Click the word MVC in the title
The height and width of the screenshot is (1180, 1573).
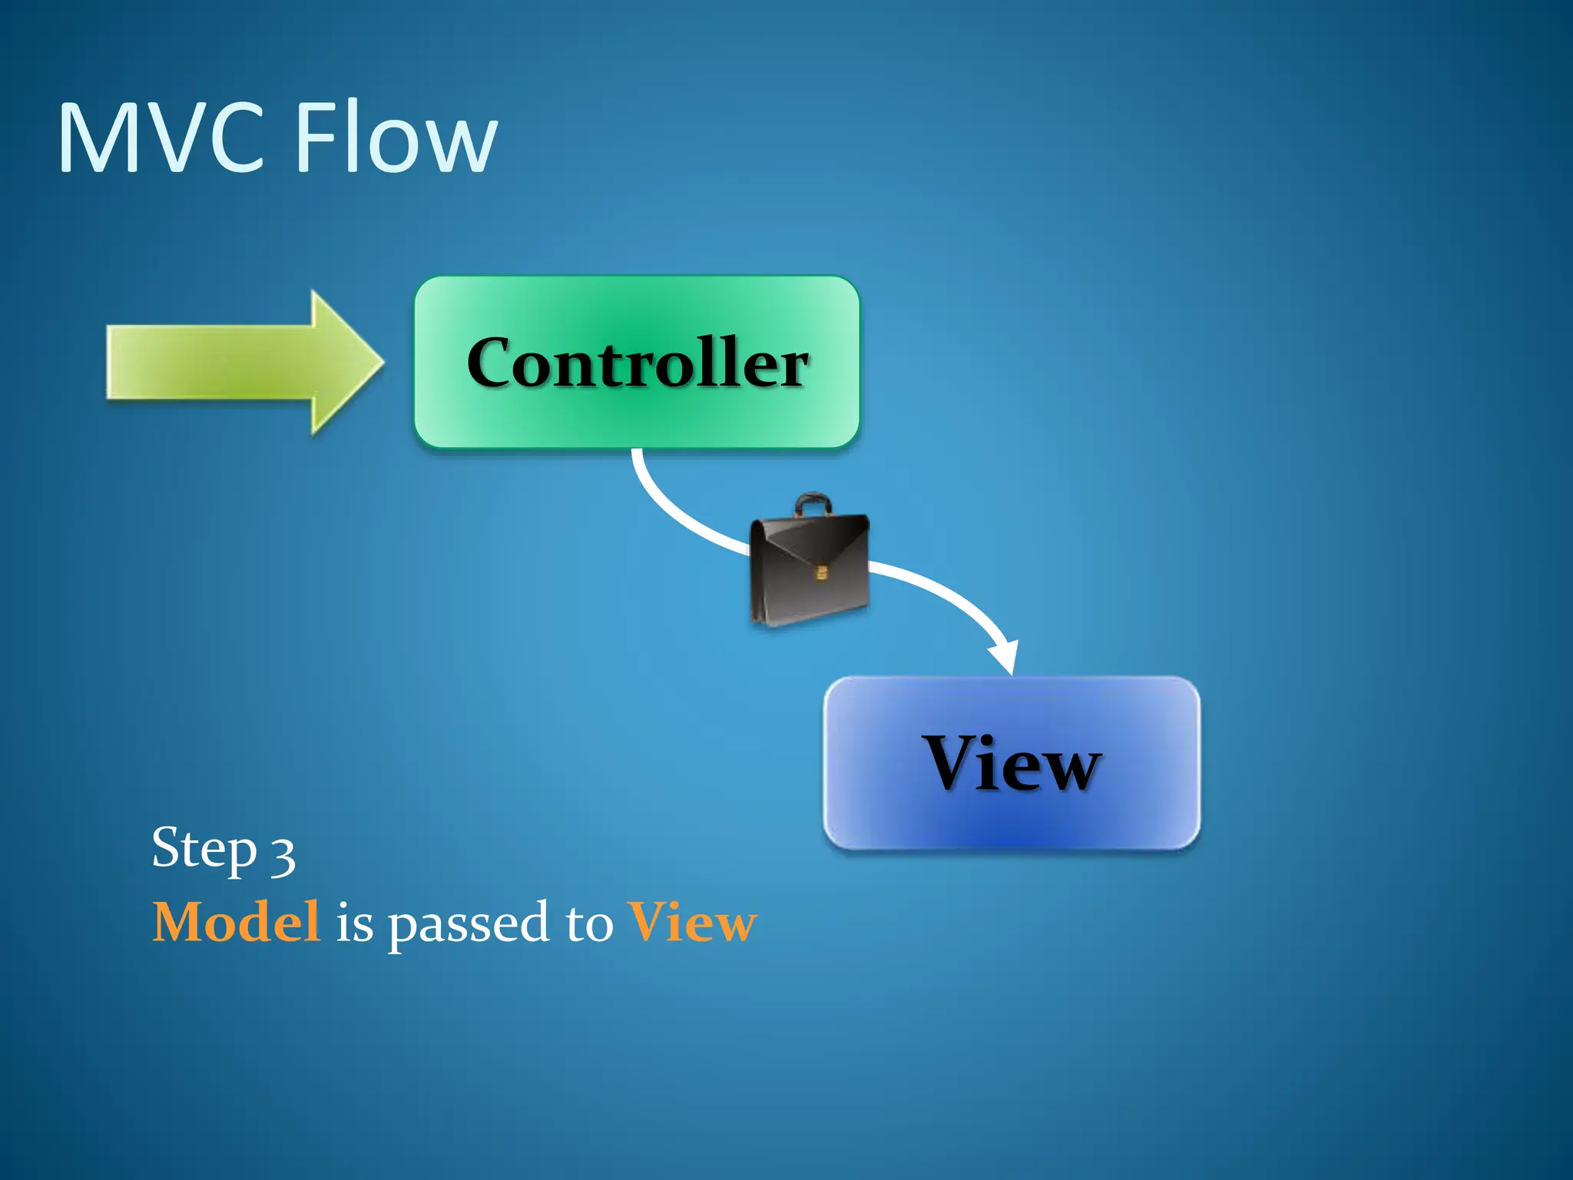(x=161, y=138)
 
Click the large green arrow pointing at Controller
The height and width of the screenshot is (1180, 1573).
(x=230, y=361)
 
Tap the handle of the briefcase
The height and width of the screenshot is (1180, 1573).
(x=813, y=505)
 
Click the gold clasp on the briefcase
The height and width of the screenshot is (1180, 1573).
(x=821, y=572)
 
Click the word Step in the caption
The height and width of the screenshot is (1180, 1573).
(x=204, y=849)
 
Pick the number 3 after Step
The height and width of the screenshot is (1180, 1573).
(x=283, y=854)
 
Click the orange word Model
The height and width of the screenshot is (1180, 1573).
(x=236, y=922)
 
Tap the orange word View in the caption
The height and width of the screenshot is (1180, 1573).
(x=692, y=922)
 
